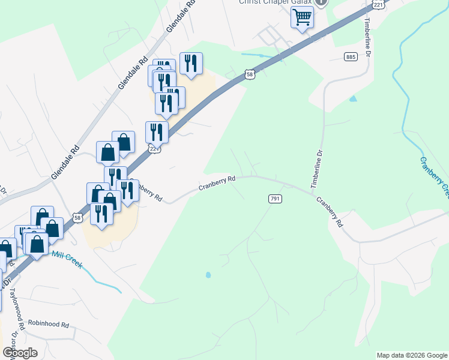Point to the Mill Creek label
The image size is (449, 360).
67,259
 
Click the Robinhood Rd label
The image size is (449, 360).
49,324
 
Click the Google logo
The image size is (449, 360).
19,352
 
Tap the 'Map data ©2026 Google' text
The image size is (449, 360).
411,355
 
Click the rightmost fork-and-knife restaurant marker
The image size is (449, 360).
191,63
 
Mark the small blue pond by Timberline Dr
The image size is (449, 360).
352,98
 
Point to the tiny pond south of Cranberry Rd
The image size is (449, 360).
208,275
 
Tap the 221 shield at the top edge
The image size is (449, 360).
377,4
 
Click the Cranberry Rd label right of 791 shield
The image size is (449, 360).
330,213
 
